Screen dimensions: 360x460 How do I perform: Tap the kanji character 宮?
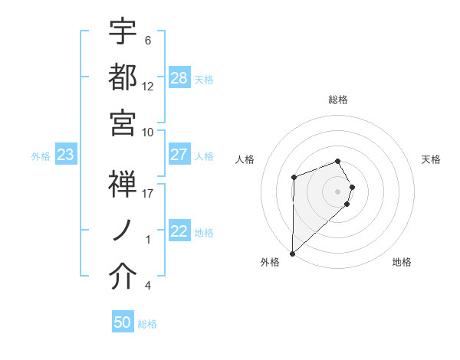pos(123,123)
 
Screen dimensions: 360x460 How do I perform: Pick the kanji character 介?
pos(123,277)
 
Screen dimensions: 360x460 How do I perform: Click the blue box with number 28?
pos(179,77)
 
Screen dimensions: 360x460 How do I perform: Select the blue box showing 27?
pos(179,155)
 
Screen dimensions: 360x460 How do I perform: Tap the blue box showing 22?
pos(179,231)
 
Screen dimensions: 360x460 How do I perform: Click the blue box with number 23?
pos(66,155)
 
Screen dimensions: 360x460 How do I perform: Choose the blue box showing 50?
pos(123,322)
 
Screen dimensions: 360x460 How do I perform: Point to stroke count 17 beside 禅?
pos(148,193)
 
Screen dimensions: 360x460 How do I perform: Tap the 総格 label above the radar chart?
pos(338,100)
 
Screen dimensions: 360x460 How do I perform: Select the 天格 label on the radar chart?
pos(432,159)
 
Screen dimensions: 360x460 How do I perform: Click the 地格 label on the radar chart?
pos(402,263)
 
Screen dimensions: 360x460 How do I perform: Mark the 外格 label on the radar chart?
pos(270,263)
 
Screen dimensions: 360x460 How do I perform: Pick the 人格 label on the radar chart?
pos(245,159)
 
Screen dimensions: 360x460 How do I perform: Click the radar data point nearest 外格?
pos(292,253)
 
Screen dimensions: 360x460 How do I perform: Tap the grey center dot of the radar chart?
pos(337,191)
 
